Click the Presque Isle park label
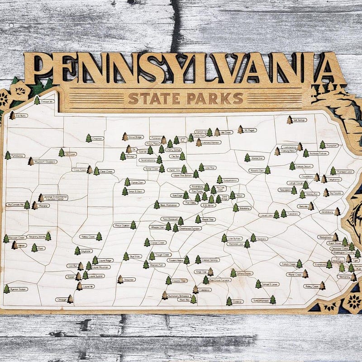point(48,102)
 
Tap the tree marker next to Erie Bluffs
point(12,115)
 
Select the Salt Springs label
point(300,120)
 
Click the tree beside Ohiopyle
point(70,299)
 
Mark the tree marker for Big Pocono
point(326,193)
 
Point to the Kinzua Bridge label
point(135,137)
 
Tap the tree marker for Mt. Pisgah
point(240,130)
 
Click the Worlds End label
point(257,158)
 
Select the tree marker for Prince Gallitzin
point(133,225)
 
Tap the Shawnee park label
point(129,280)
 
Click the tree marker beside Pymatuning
point(8,155)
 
